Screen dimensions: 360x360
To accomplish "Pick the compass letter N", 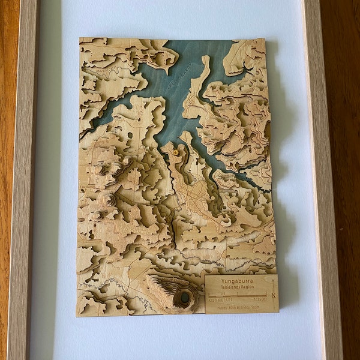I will [x=274, y=295].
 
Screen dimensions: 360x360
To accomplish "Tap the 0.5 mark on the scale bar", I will [x=223, y=294].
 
